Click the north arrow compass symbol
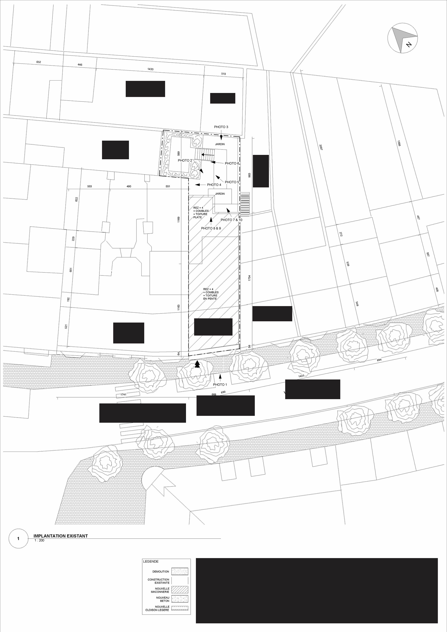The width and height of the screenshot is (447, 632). (x=402, y=38)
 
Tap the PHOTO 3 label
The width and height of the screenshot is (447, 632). (x=221, y=127)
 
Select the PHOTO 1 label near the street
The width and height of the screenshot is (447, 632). (x=220, y=384)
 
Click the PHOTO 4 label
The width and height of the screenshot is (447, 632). (x=214, y=185)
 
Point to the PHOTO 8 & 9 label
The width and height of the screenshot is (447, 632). (x=211, y=228)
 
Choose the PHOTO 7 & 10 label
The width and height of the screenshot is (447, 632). (x=231, y=220)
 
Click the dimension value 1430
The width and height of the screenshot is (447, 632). (x=150, y=69)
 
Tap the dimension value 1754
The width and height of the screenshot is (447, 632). (x=249, y=278)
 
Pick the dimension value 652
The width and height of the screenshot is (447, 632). (x=39, y=62)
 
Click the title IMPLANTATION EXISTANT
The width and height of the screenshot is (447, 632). (x=61, y=536)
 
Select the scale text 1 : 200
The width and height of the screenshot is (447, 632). (x=39, y=540)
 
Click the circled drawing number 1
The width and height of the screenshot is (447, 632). (x=18, y=539)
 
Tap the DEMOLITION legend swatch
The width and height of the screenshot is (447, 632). (x=179, y=571)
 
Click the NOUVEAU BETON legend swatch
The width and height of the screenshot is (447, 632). (x=179, y=599)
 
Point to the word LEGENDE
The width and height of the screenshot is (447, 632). (x=151, y=561)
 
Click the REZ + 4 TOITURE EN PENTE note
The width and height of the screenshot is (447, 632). (x=211, y=294)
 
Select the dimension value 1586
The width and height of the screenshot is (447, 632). (x=399, y=143)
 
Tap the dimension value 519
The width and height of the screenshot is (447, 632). (x=223, y=74)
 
